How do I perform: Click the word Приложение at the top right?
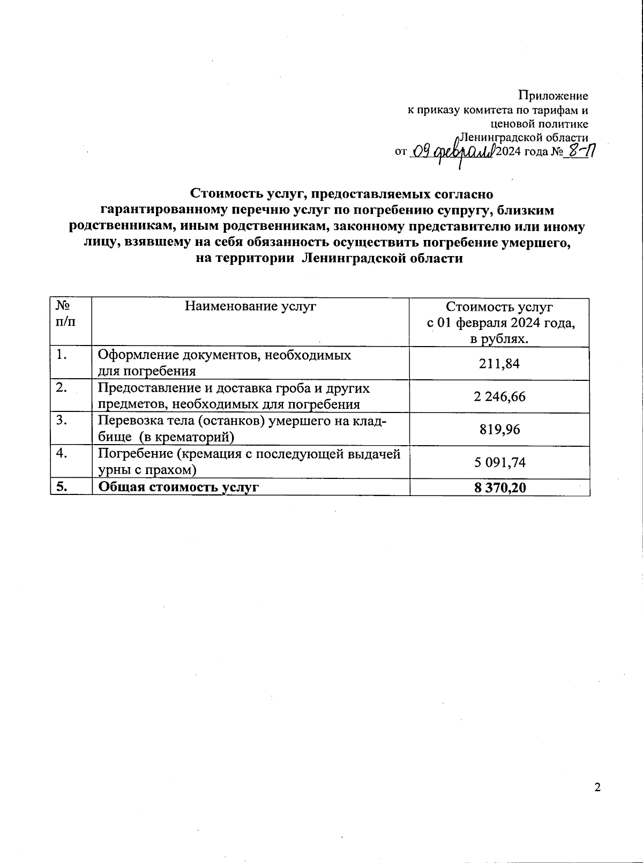552,96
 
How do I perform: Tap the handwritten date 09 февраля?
452,153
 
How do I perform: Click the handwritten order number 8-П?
581,152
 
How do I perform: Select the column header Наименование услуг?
250,306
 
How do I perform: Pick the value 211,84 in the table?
499,364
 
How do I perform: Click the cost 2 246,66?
499,397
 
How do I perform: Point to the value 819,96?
499,430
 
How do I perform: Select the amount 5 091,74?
499,462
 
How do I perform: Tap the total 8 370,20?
499,487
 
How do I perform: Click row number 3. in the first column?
63,421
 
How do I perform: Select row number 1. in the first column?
63,355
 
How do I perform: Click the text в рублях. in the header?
499,340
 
